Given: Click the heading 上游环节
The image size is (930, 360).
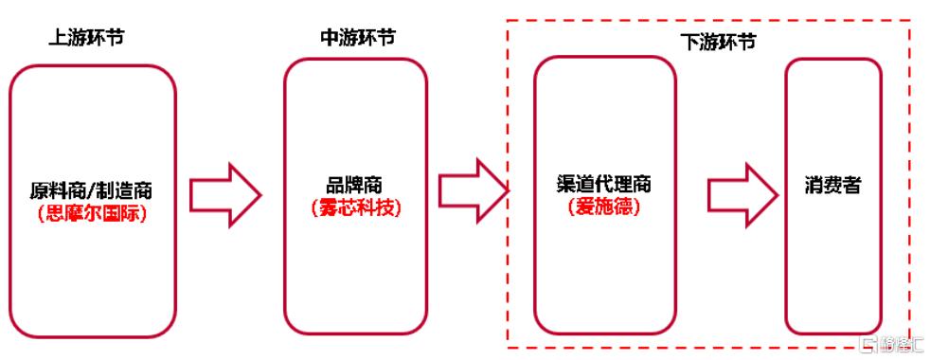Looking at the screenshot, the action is (x=86, y=40).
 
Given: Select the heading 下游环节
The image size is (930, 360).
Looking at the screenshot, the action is (x=719, y=43).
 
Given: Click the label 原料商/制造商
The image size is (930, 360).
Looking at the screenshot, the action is (x=93, y=193).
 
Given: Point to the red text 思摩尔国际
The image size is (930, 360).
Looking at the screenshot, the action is (x=93, y=213).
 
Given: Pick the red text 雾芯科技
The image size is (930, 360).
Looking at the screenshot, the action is (x=356, y=208).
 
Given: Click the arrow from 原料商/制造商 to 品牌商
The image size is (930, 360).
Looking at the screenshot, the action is (x=225, y=193).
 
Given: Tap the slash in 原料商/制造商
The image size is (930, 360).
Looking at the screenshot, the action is (x=93, y=193).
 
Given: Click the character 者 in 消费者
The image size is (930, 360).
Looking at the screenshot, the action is (x=852, y=187).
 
